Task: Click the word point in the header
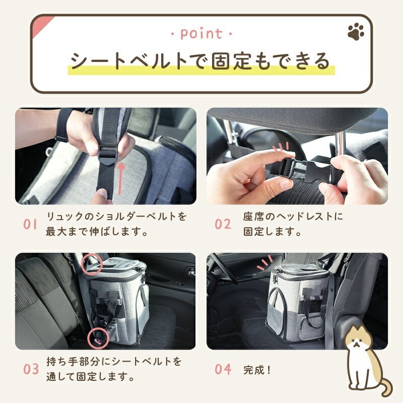coord(201,34)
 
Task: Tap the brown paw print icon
coord(356,33)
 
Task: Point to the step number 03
coord(31,369)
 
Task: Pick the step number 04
coord(223,369)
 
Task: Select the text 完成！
coord(257,369)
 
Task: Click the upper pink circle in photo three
coord(93,263)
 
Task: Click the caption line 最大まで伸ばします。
coord(97,232)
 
